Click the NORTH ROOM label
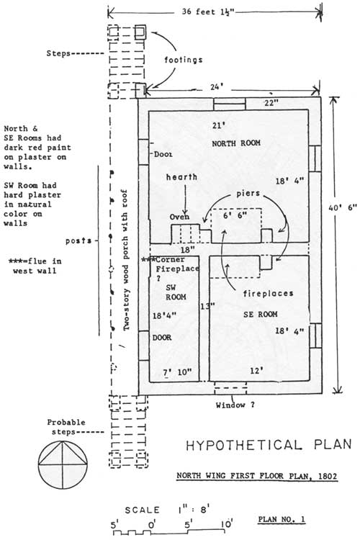pyautogui.click(x=236, y=143)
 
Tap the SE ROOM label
pyautogui.click(x=260, y=314)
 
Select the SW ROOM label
pyautogui.click(x=176, y=292)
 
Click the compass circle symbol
pyautogui.click(x=63, y=464)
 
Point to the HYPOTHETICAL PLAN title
pyautogui.click(x=269, y=445)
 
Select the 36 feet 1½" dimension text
pyautogui.click(x=208, y=12)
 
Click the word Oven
pyautogui.click(x=179, y=217)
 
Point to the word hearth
pyautogui.click(x=182, y=177)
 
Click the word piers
pyautogui.click(x=248, y=194)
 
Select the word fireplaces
pyautogui.click(x=269, y=294)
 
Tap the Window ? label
pyautogui.click(x=235, y=405)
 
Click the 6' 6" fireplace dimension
pyautogui.click(x=235, y=215)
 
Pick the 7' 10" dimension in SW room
pyautogui.click(x=177, y=372)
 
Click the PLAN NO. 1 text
pyautogui.click(x=282, y=519)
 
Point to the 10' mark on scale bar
pyautogui.click(x=227, y=524)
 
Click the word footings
pyautogui.click(x=184, y=60)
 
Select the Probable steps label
pyautogui.click(x=66, y=427)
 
